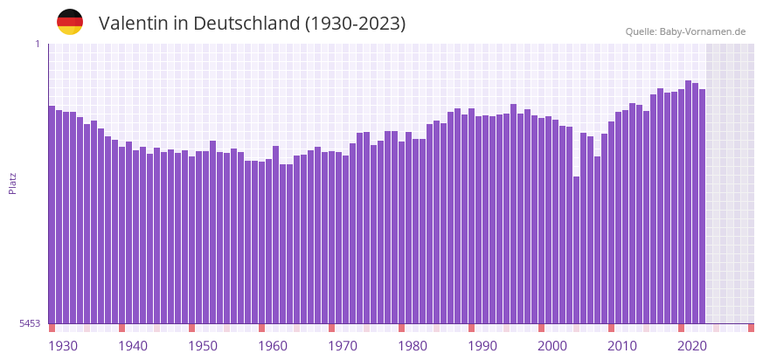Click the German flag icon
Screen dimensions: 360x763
70,22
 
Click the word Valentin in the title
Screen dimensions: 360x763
134,24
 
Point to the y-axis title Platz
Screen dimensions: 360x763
12,183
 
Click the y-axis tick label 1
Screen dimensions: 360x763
38,44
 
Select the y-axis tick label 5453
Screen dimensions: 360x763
30,323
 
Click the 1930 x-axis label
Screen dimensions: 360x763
63,346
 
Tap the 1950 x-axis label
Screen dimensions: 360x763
203,346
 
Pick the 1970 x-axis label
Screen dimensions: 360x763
343,346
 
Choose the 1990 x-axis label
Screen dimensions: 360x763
482,346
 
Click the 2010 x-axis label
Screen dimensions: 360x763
622,346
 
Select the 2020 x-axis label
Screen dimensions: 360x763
692,346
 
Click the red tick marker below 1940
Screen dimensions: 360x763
122,328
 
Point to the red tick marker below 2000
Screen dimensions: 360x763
542,328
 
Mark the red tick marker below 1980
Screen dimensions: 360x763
402,328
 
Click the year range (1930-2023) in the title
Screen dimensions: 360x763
355,24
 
